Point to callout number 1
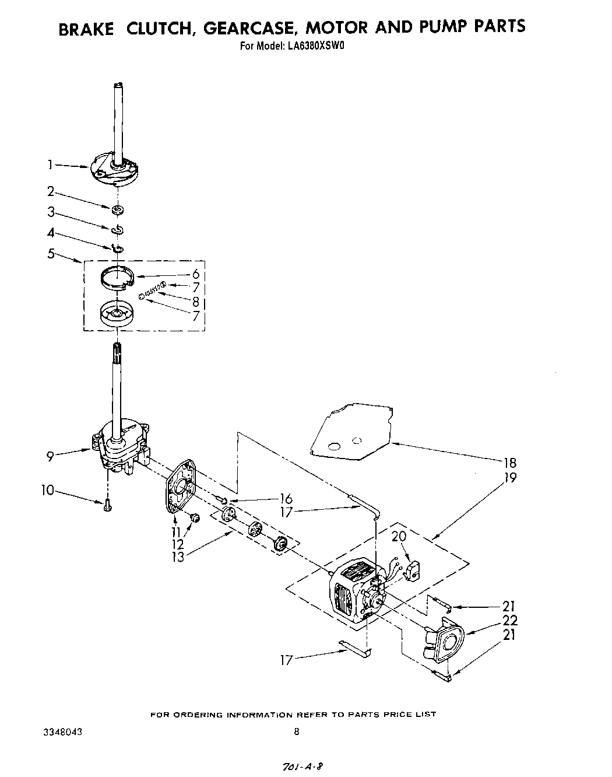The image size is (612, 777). click(x=51, y=165)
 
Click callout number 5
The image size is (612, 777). click(x=51, y=254)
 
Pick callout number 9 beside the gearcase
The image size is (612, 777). click(x=50, y=456)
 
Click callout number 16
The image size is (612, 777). click(x=286, y=499)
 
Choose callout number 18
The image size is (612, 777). click(x=509, y=463)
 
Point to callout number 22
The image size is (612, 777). click(x=509, y=620)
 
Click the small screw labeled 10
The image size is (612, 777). click(x=107, y=507)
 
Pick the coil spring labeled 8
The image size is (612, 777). click(x=153, y=289)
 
